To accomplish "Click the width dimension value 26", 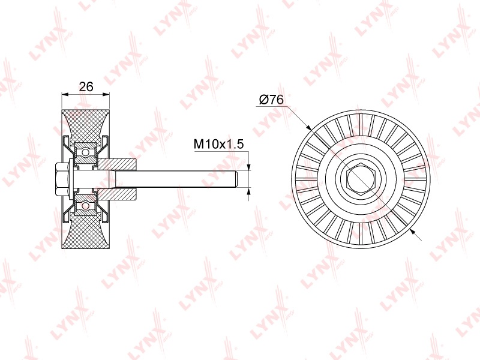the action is point(86,86).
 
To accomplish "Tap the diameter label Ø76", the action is point(271,100).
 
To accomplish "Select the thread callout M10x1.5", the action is point(219,143).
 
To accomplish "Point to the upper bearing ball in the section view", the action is point(86,152).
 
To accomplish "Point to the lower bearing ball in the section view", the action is point(86,206).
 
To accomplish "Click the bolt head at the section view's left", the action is point(62,179).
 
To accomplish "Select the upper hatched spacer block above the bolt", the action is point(117,164).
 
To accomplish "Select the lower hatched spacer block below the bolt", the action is point(117,193).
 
